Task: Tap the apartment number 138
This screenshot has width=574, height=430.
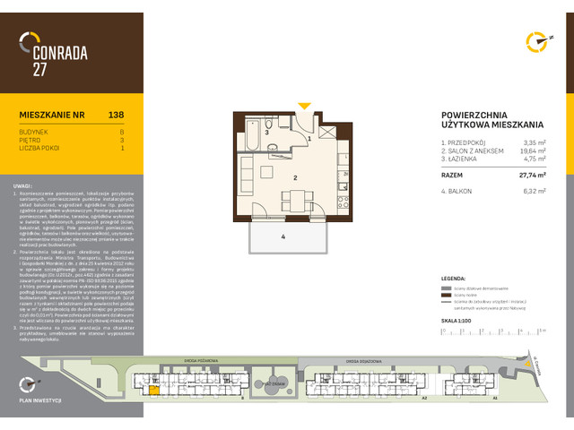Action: (116, 115)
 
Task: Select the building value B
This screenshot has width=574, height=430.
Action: (122, 132)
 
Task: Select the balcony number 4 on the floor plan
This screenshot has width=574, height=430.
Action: (283, 236)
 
